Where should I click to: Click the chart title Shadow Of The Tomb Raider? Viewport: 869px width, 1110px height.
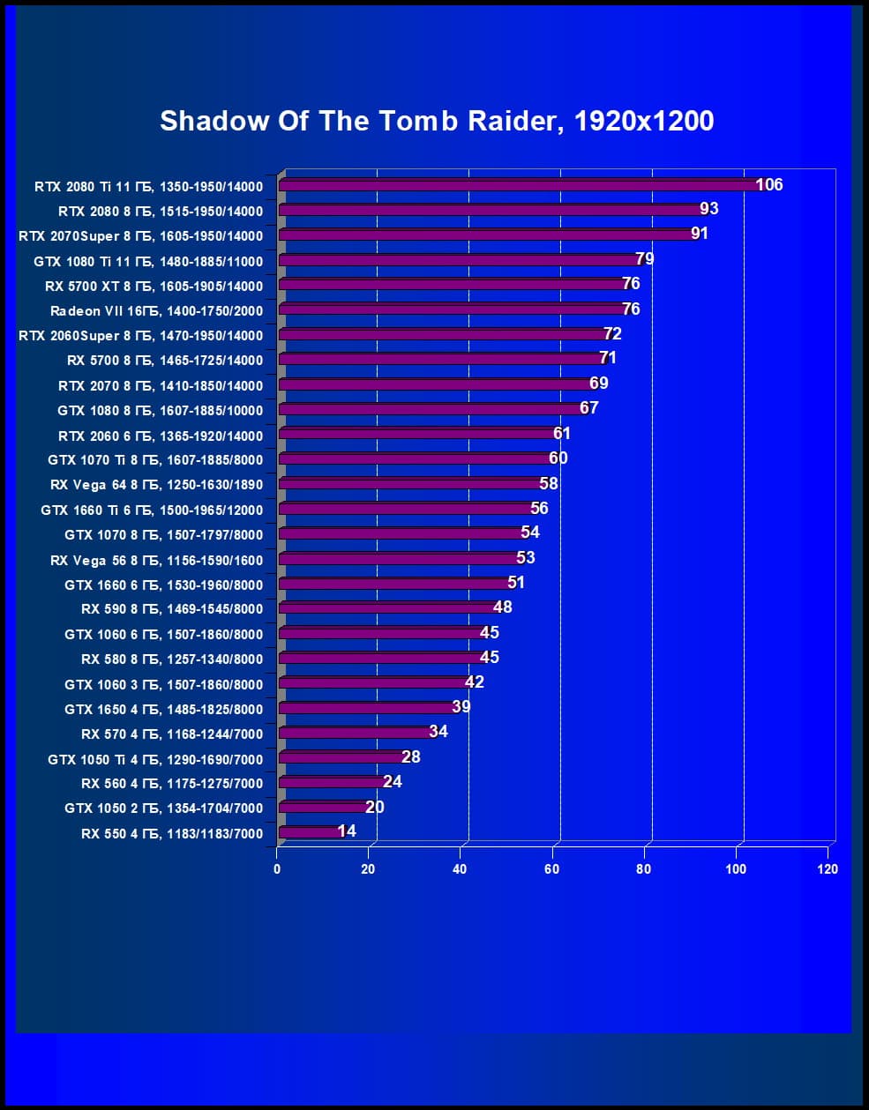[437, 121]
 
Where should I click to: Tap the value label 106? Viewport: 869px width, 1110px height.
[769, 184]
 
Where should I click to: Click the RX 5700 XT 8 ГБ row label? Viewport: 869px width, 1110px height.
[154, 286]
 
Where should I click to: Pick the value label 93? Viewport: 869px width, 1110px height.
[708, 209]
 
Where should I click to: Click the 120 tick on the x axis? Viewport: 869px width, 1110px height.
[828, 869]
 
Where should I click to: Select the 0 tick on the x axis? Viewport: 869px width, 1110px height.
[277, 869]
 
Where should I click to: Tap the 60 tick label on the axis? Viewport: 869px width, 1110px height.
[551, 869]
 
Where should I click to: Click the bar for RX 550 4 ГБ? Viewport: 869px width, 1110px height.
[309, 832]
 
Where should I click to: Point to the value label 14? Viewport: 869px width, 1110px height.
[347, 831]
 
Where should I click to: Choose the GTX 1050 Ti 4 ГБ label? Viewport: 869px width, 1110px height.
[155, 759]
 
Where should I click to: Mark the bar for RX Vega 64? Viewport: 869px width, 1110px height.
[410, 484]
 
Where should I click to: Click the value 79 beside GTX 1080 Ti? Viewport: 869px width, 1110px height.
[645, 259]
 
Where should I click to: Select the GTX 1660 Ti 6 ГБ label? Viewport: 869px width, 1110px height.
[152, 510]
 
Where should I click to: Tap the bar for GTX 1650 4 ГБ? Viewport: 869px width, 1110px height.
[366, 708]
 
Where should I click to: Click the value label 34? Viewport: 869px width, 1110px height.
[438, 732]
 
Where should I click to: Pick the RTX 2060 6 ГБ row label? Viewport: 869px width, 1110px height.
[161, 436]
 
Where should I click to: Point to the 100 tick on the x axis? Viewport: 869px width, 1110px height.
[736, 869]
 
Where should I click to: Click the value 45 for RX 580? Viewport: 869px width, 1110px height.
[489, 658]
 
